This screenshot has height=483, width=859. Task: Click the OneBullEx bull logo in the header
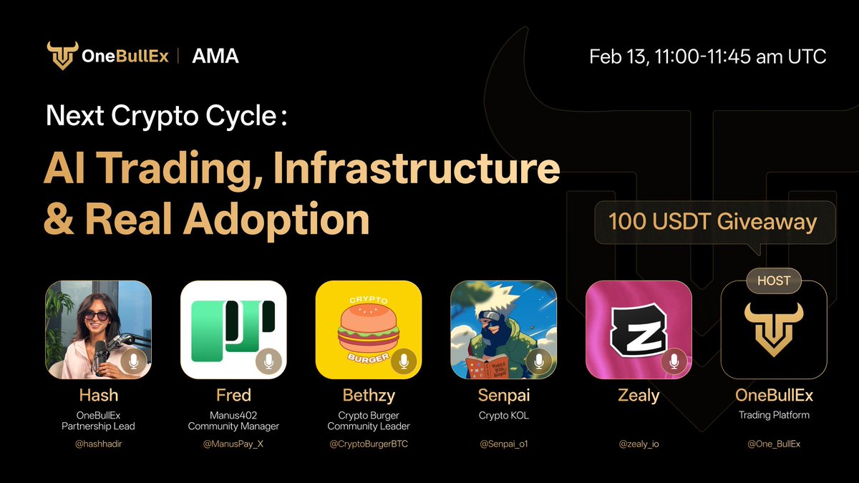(62, 56)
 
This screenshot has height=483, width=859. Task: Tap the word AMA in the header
(215, 56)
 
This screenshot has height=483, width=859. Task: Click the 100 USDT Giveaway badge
(712, 222)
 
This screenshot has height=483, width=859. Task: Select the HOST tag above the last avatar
(773, 280)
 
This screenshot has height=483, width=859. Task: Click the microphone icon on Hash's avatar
(132, 361)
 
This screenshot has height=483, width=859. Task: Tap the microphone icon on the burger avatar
(404, 361)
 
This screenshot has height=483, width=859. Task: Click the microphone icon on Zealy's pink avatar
(674, 361)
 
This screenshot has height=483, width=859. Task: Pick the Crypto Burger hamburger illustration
(368, 329)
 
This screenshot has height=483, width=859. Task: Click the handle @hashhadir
(98, 444)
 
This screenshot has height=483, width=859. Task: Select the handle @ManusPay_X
(233, 444)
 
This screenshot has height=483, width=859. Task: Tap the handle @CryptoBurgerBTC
(369, 444)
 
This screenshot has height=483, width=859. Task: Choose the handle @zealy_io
(639, 444)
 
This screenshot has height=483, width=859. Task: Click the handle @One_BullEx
(774, 444)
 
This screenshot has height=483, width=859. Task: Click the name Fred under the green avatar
(233, 395)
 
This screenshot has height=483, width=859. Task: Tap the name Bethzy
(369, 395)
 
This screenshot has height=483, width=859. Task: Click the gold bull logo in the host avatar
(774, 329)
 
